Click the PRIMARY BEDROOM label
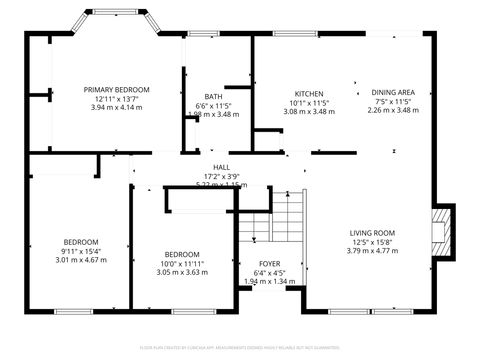tap(116, 90)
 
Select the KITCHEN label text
tap(308, 93)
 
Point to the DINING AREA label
tap(394, 93)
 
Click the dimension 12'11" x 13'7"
tap(116, 99)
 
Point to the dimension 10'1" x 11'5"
tap(308, 102)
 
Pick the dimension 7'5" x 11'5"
tap(394, 102)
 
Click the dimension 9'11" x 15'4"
tap(81, 251)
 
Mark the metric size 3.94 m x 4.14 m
tap(116, 108)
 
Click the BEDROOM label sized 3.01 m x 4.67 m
tap(81, 242)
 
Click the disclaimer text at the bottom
tap(240, 347)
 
